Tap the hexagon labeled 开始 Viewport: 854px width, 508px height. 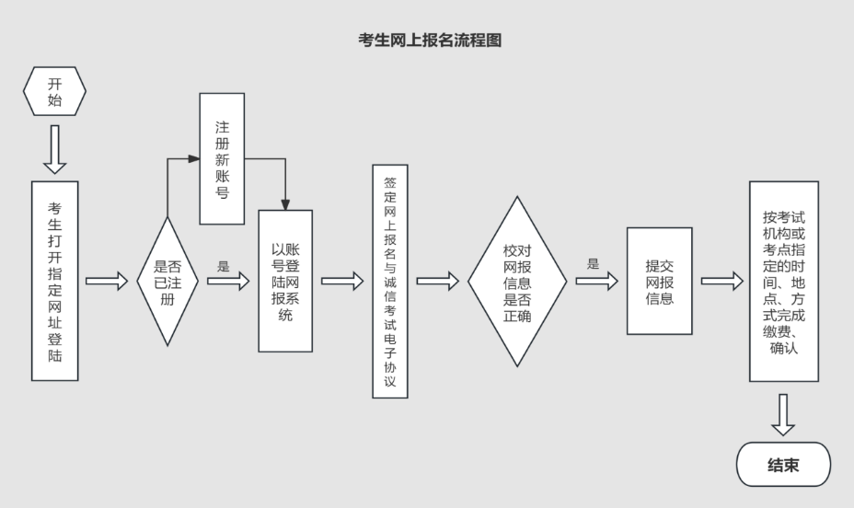[x=54, y=92]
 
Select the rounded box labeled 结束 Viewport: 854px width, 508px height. [x=783, y=465]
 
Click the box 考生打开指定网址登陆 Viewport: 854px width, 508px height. [x=54, y=281]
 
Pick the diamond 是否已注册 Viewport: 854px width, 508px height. [x=167, y=281]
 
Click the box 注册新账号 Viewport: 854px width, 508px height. [x=222, y=157]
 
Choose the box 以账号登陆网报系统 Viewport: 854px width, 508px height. [x=285, y=281]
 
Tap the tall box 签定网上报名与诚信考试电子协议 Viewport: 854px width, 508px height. [x=389, y=281]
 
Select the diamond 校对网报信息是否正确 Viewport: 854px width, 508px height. [x=516, y=281]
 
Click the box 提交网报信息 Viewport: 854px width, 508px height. [x=659, y=281]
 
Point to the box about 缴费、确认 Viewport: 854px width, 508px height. [x=783, y=281]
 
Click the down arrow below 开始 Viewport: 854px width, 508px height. [x=54, y=149]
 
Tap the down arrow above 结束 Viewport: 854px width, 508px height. [x=783, y=414]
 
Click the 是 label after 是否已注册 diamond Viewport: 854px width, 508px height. [x=223, y=267]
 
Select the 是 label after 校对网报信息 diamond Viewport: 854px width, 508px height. [x=593, y=263]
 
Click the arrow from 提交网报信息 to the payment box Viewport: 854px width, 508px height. [x=721, y=282]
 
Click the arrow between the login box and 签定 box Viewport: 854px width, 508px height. [x=342, y=282]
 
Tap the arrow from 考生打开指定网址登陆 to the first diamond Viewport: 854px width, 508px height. [x=107, y=282]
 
